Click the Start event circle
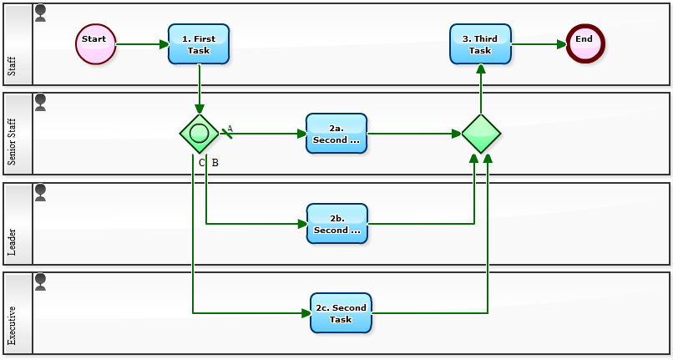tap(96, 43)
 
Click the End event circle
tap(584, 43)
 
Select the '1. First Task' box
tap(199, 44)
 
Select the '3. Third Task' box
tap(480, 44)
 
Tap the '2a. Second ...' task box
tap(336, 134)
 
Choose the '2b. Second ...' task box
tap(336, 224)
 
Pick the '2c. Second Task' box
tap(341, 313)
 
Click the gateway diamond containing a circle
tap(199, 134)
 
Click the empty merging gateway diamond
tap(481, 134)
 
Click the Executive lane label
tap(12, 326)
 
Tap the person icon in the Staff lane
tap(40, 13)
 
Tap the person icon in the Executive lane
tap(40, 282)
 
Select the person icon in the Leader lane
tap(40, 192)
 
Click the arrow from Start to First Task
tap(142, 44)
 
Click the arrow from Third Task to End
tap(539, 44)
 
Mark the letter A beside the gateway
tap(230, 129)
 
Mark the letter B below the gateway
tap(215, 162)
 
